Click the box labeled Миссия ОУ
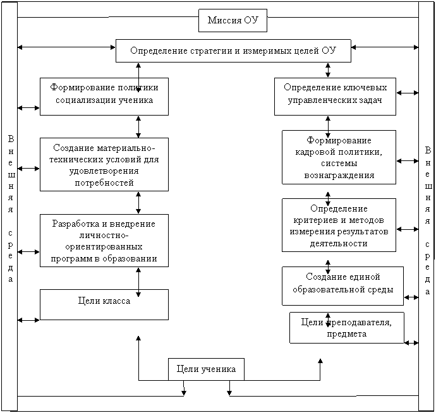[x=233, y=20]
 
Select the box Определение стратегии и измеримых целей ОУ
[x=233, y=51]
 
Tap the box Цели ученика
[x=206, y=369]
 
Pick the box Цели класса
[x=104, y=304]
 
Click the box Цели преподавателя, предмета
[x=347, y=328]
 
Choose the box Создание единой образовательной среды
[x=342, y=286]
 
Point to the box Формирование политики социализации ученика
[x=104, y=97]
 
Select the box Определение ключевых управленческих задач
[x=335, y=97]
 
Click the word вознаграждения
[x=339, y=176]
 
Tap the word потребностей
[x=104, y=183]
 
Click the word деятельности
[x=339, y=244]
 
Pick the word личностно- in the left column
[x=104, y=236]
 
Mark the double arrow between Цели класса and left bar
[x=28, y=320]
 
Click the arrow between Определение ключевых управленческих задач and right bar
[x=408, y=93]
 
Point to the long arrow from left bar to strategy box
[x=66, y=47]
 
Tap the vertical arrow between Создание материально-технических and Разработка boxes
[x=138, y=203]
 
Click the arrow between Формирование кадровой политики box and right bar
[x=408, y=161]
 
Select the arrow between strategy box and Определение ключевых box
[x=328, y=70]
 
